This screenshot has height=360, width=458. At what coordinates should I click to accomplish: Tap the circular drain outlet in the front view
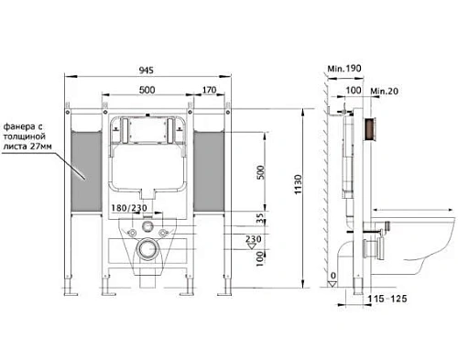coord(147,248)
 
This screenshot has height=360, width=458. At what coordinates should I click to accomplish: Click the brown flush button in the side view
coord(371,130)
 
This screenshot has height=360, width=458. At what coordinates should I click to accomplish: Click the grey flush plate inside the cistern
coord(147,129)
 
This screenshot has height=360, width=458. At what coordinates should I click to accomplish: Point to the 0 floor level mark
coord(333,275)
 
